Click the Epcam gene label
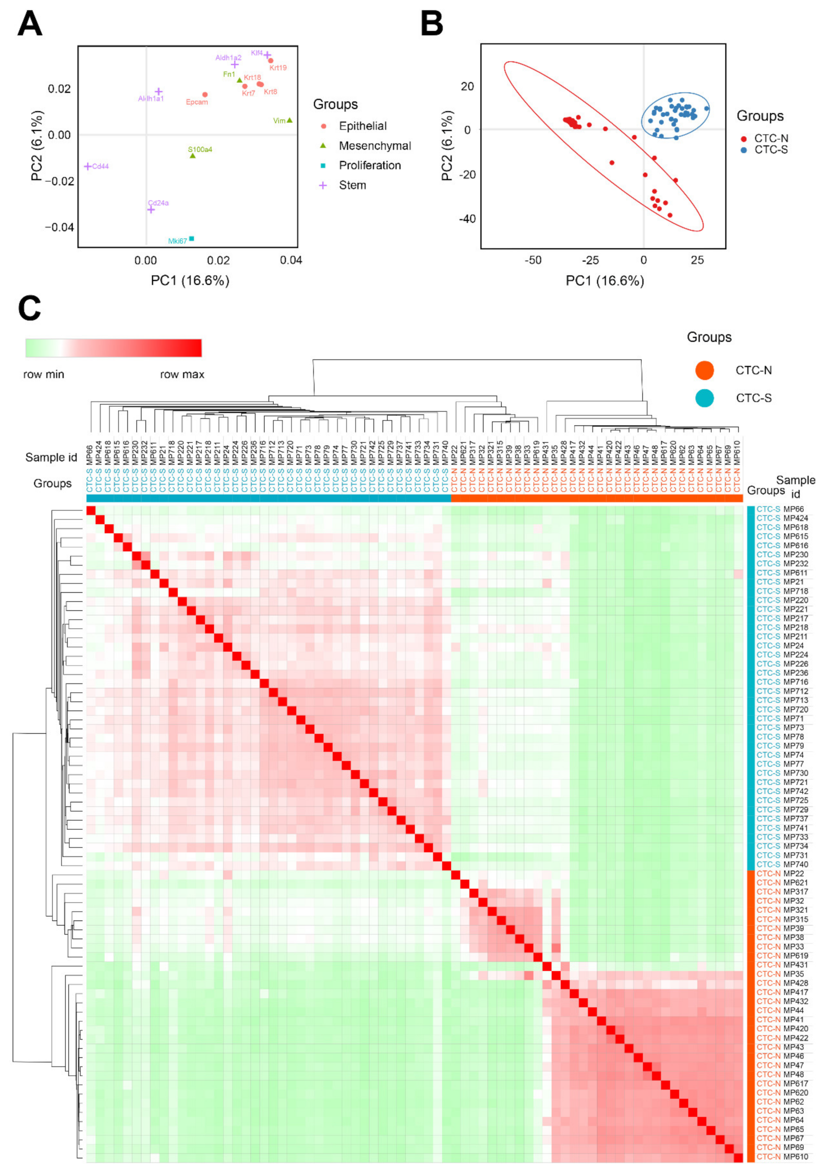197,102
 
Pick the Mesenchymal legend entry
374,146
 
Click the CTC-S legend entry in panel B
770,149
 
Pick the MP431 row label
795,965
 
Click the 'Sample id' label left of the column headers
51,457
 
